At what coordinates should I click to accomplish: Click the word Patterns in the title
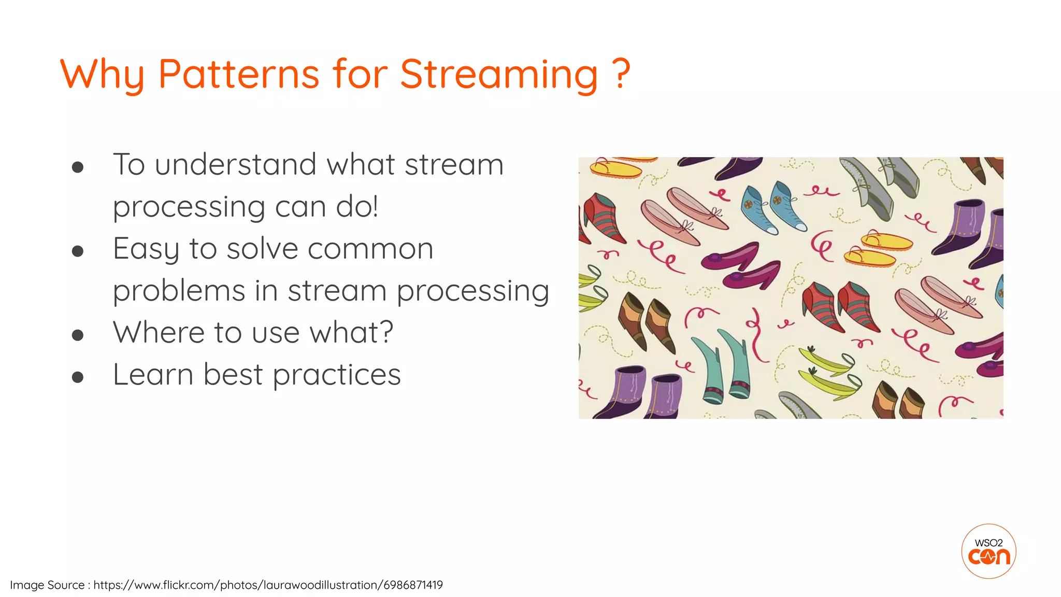click(238, 74)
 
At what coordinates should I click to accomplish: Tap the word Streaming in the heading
click(499, 74)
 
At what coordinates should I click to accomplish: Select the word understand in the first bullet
click(235, 165)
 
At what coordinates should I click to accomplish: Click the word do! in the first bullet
click(357, 207)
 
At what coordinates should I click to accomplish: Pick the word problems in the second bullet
click(178, 291)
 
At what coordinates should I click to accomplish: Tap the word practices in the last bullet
click(337, 375)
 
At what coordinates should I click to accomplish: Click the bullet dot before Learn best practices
click(78, 377)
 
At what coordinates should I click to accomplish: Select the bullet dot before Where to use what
click(78, 335)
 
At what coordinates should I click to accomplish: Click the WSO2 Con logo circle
click(988, 551)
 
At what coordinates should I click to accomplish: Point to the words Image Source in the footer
click(47, 585)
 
